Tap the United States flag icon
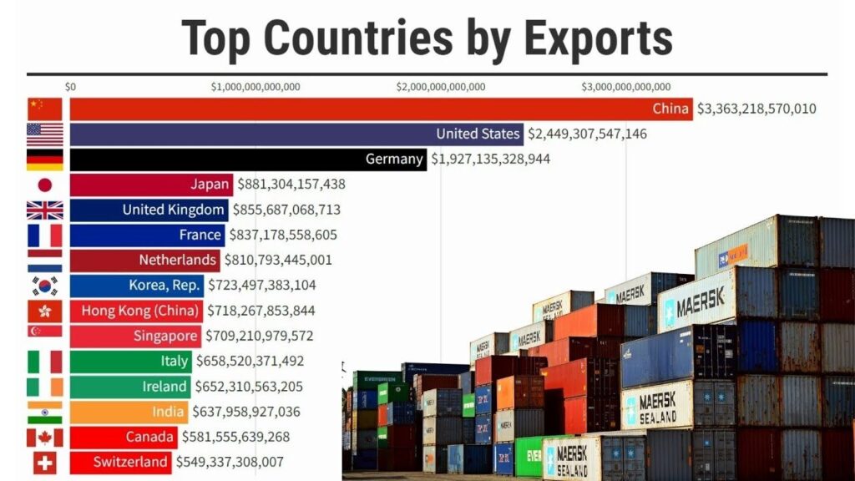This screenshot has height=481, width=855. [45, 134]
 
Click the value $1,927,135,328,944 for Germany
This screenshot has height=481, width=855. [490, 159]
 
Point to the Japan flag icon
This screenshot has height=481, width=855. [45, 185]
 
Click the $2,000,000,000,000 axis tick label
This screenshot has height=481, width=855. [441, 87]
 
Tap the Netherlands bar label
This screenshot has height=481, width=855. [177, 260]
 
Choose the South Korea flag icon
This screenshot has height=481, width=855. [45, 286]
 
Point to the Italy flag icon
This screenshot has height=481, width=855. [45, 362]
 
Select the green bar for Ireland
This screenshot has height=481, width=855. [130, 387]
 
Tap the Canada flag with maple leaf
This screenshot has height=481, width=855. [45, 437]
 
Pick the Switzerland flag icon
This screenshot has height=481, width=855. [45, 462]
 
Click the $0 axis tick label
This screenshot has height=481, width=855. [70, 87]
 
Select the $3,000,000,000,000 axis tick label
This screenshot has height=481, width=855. [626, 87]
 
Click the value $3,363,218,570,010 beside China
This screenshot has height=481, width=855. [756, 109]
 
